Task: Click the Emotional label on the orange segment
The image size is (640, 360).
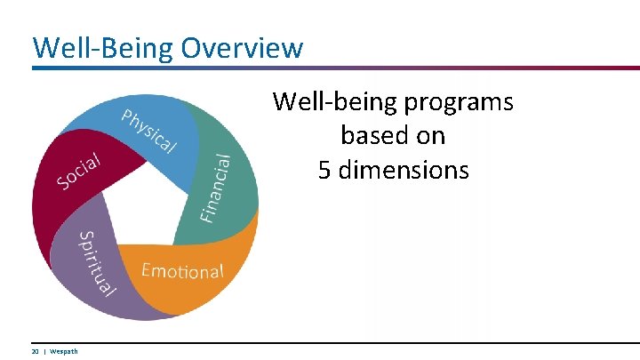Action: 182,270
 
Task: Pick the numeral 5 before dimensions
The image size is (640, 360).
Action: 325,169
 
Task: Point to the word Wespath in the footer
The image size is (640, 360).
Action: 64,351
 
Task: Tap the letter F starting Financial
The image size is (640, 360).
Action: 207,215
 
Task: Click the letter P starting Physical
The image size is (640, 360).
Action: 129,116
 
